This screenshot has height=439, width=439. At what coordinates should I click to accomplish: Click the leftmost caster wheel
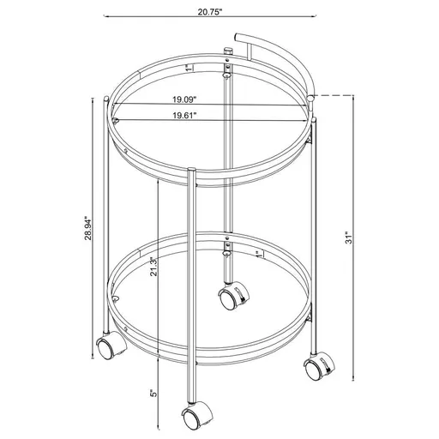pos(106,348)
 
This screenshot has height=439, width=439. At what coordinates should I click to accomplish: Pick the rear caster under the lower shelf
pos(230,298)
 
